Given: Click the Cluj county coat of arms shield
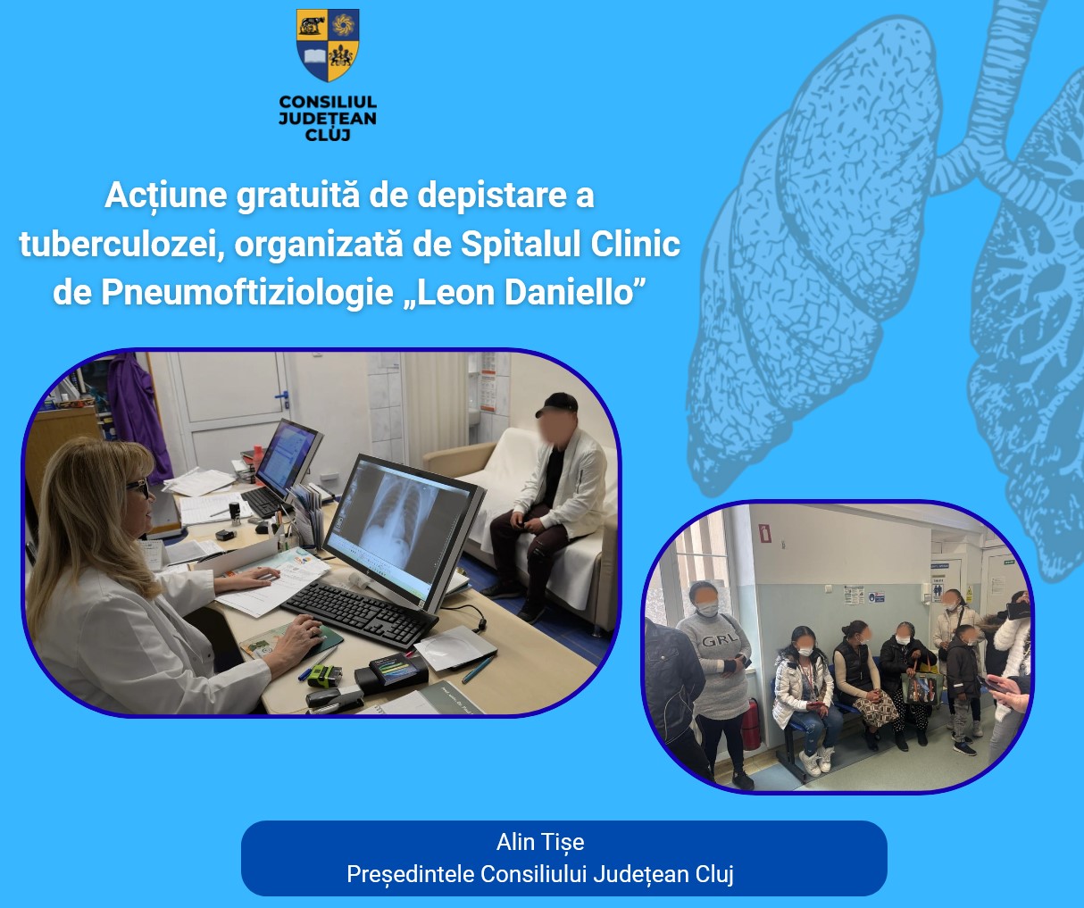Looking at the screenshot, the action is pyautogui.click(x=328, y=45).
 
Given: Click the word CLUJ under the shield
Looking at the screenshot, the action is pyautogui.click(x=328, y=136).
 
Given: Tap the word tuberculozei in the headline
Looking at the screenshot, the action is pyautogui.click(x=118, y=244).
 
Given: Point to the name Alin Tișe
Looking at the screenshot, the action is pyautogui.click(x=540, y=843).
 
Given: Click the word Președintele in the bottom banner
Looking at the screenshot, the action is pyautogui.click(x=410, y=875).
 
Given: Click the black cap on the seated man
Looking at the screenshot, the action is pyautogui.click(x=556, y=404).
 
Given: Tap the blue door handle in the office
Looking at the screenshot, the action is pyautogui.click(x=282, y=396).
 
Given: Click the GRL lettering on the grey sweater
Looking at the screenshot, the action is pyautogui.click(x=720, y=641).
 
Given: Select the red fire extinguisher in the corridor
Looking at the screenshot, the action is pyautogui.click(x=750, y=724).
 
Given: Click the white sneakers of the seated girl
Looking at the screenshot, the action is pyautogui.click(x=816, y=761).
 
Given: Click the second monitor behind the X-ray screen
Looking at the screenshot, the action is pyautogui.click(x=288, y=457).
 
